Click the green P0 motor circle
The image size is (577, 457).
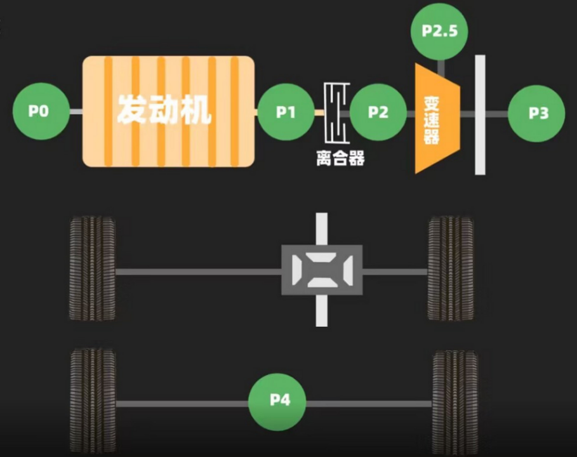[x=41, y=111]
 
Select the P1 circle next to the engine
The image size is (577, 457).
[x=286, y=112]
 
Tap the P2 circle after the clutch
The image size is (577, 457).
[x=378, y=112]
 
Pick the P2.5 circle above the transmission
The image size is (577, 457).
[x=439, y=32]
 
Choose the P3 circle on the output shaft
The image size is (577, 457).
[x=536, y=114]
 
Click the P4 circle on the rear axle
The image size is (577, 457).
[x=277, y=402]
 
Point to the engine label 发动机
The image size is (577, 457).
[x=164, y=110]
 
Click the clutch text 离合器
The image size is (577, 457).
[x=340, y=158]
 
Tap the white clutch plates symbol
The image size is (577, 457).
[x=336, y=112]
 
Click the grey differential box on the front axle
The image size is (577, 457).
[x=322, y=270]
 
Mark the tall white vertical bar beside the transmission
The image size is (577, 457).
[x=481, y=115]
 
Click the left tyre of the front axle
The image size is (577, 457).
[x=93, y=268]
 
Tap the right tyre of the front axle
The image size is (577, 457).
[x=451, y=268]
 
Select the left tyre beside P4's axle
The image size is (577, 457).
[x=93, y=402]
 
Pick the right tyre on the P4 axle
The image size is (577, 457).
[x=455, y=402]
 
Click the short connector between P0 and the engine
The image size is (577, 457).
[x=76, y=112]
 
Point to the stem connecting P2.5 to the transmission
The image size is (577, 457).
[x=441, y=69]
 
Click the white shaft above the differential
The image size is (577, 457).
[x=322, y=229]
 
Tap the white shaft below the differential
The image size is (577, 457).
[x=322, y=310]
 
